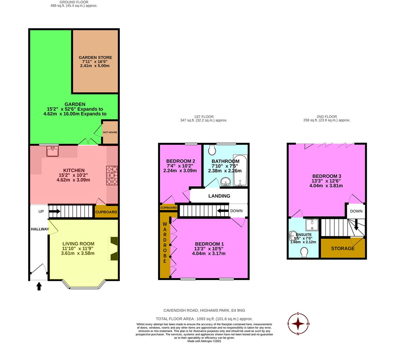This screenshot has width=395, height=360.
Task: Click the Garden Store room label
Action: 95,58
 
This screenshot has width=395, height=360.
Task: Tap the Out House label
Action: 110,132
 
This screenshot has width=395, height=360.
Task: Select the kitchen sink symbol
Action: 53,151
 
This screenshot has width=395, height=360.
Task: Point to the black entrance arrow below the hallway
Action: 39,286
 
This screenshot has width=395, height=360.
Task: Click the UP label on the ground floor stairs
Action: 41,211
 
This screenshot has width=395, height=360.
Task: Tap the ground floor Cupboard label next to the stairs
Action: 106,212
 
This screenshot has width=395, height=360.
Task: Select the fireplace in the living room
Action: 113,249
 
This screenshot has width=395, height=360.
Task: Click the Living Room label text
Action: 78,244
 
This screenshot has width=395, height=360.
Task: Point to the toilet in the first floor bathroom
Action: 211,151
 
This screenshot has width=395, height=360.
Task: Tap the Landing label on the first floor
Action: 219,196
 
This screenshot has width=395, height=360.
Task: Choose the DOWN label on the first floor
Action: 236,211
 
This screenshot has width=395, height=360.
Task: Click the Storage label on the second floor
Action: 343,248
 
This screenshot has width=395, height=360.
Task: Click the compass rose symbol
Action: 299,324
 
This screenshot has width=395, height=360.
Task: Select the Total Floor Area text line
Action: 204,319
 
